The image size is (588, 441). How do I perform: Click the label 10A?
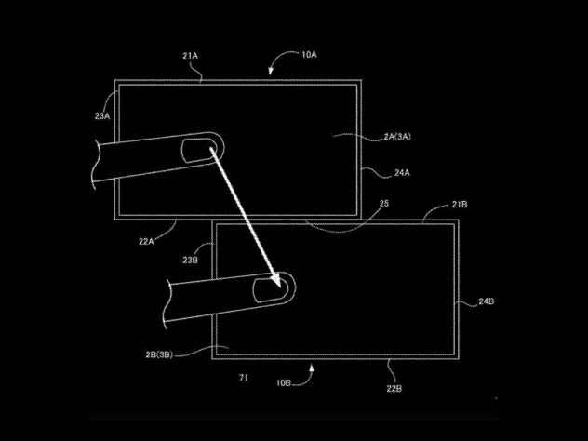tap(309, 55)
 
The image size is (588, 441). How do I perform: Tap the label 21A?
tap(190, 56)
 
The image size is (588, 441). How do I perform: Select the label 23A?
tap(102, 116)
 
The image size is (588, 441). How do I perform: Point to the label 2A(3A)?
tap(397, 137)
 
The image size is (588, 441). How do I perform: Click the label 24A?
tap(402, 173)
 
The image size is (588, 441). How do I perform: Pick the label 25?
tap(384, 203)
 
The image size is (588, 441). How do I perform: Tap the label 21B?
tap(460, 205)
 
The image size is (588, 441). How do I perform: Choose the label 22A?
tap(146, 242)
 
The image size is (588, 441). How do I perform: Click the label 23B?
tap(190, 260)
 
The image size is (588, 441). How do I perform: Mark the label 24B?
tap(486, 301)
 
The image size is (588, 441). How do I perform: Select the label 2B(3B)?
tap(159, 354)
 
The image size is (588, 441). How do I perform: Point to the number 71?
tap(244, 378)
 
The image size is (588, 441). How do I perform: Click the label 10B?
tap(284, 383)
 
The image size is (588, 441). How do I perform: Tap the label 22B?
tap(394, 389)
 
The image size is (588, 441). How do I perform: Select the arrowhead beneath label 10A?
tap(271, 72)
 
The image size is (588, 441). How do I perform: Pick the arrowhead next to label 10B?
tap(312, 368)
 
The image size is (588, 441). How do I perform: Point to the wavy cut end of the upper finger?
tap(95, 165)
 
